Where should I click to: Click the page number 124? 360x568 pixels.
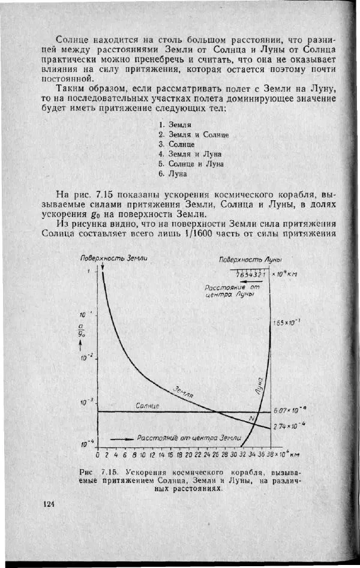click(50, 504)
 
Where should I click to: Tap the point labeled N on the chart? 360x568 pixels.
click(251, 417)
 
